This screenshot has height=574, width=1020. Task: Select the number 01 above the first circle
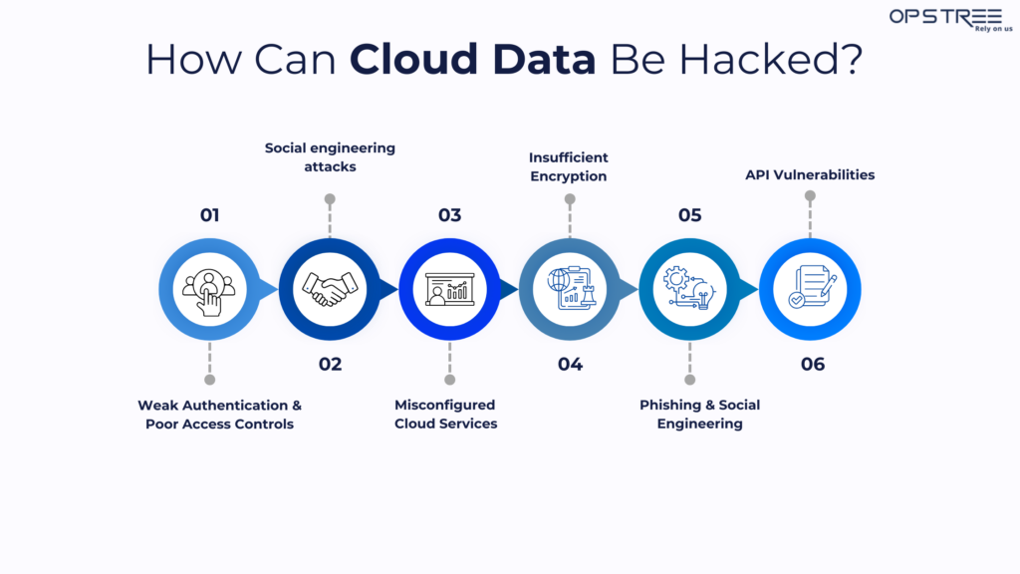[209, 215]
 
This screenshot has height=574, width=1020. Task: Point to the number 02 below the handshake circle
[330, 364]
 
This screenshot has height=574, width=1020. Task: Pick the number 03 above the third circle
[449, 215]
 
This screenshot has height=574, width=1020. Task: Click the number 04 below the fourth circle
[570, 364]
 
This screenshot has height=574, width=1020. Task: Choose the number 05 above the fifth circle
[689, 215]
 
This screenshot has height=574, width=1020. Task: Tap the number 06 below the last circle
[812, 364]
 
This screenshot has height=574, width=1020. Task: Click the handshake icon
[329, 289]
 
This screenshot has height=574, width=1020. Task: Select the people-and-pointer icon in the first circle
[209, 289]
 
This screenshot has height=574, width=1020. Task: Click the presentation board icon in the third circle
[449, 289]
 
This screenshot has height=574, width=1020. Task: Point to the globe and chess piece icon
[569, 289]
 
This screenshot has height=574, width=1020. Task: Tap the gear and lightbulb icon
[689, 289]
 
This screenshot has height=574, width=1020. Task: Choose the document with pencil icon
[810, 289]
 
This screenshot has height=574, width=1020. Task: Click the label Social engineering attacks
[330, 157]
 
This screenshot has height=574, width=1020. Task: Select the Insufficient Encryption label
[569, 166]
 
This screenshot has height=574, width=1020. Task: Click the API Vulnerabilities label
[810, 174]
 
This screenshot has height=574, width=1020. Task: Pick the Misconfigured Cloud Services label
[445, 414]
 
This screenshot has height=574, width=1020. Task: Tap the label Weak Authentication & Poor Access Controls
[219, 414]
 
